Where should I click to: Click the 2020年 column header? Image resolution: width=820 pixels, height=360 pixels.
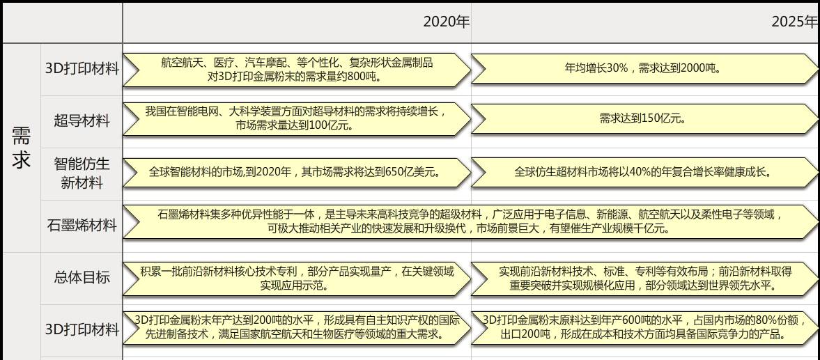point(446,22)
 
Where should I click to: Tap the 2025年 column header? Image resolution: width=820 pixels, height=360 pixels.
point(794,22)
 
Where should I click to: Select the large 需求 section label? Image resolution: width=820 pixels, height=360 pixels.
point(22,148)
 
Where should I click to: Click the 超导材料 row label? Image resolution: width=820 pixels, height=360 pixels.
point(82,121)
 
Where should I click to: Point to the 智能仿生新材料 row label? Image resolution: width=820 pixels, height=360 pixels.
point(82,173)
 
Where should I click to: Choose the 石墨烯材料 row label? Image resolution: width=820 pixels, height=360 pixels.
point(82,226)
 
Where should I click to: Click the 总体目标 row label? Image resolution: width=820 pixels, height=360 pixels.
point(82,277)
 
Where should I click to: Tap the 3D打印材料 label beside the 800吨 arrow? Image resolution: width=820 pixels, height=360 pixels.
point(82,69)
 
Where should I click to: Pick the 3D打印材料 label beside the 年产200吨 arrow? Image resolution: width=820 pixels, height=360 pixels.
point(82,330)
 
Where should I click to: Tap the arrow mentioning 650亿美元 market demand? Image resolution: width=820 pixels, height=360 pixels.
point(296,172)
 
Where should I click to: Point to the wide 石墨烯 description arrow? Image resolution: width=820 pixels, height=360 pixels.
point(470,221)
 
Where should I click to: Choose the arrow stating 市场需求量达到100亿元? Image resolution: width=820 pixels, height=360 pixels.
point(296,119)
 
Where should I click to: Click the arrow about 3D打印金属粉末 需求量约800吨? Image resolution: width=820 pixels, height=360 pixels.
point(296,70)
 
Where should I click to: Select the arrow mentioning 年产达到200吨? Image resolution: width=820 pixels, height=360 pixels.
point(296,328)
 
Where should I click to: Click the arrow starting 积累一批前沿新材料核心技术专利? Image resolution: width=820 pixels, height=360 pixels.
point(296,279)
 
